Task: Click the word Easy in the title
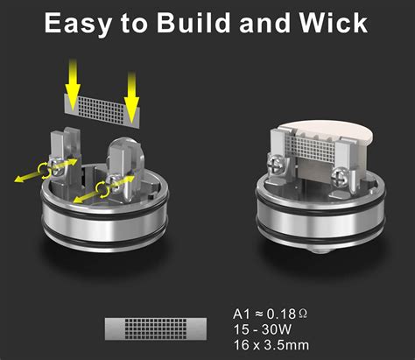point(78,24)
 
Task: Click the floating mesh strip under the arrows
point(102,110)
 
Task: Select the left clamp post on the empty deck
point(65,156)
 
